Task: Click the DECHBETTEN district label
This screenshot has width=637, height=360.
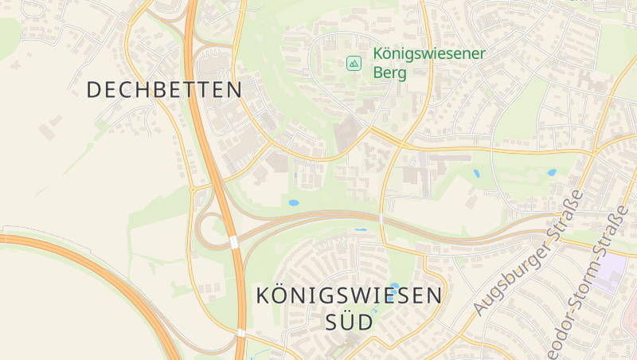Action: [x=164, y=89]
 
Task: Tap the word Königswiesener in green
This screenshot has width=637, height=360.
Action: [x=429, y=57]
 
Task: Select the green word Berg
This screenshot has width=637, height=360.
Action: [x=389, y=74]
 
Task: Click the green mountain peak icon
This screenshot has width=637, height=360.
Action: [x=353, y=62]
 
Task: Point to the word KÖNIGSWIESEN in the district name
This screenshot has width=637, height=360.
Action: [x=349, y=295]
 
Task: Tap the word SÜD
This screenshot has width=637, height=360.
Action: [x=349, y=323]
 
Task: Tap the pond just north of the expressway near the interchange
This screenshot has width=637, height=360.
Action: [x=294, y=203]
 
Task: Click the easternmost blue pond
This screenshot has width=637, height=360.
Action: [x=551, y=172]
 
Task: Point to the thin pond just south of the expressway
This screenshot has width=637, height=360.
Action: [x=361, y=230]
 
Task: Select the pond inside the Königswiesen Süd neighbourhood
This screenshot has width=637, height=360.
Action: [x=395, y=285]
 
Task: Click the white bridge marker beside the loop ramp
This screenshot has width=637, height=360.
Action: [x=233, y=241]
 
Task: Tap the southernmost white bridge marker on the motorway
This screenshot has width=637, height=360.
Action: [x=240, y=332]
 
